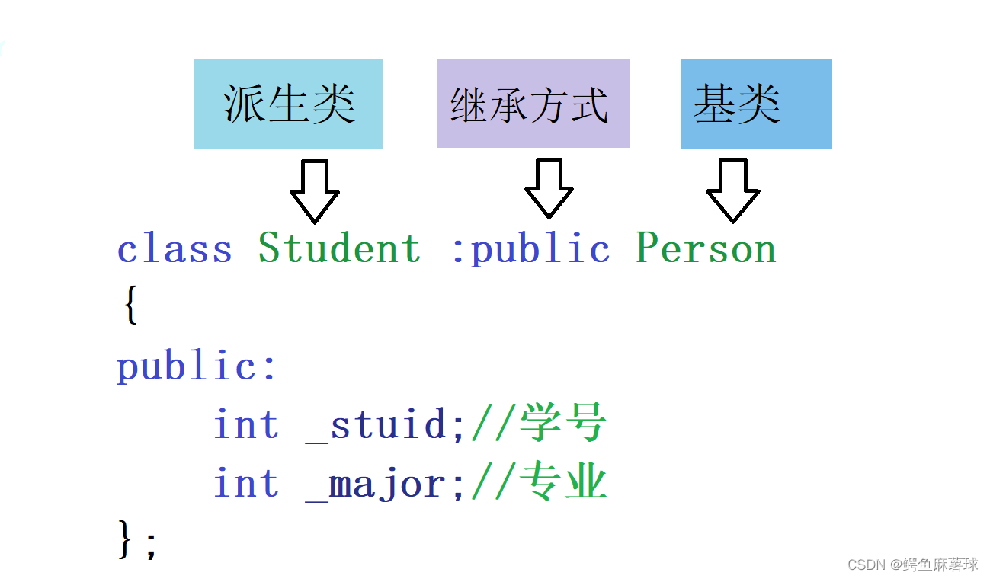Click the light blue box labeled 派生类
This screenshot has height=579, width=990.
288,104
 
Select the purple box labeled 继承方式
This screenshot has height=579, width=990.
532,104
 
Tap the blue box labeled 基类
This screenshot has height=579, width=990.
755,104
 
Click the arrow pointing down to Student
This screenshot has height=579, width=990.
315,190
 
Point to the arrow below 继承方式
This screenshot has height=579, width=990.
549,188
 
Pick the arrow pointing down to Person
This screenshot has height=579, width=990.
732,190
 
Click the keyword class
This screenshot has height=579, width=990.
175,248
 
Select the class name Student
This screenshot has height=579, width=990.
339,248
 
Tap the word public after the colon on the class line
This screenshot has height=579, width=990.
540,248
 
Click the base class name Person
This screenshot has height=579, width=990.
706,248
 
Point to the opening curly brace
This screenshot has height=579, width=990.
130,306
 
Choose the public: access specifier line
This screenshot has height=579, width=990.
196,366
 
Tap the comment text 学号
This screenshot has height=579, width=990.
562,424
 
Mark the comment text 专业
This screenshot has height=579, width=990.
562,483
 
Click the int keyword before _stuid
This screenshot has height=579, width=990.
245,424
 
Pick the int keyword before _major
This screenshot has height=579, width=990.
245,484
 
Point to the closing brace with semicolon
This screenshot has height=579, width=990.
137,540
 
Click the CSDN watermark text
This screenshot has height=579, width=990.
912,565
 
